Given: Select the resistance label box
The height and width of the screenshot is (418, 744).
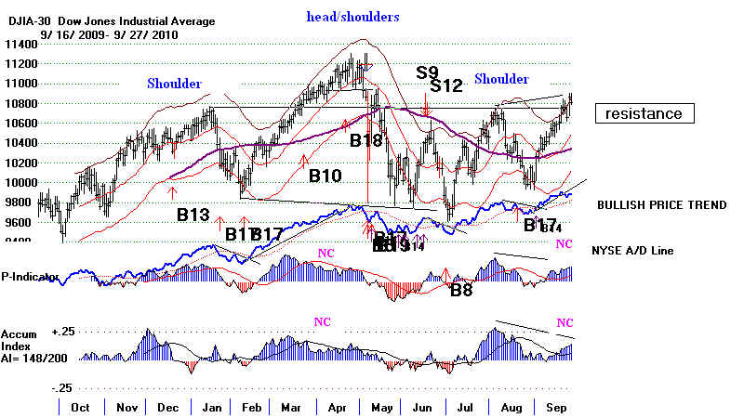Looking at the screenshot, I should tap(644, 114).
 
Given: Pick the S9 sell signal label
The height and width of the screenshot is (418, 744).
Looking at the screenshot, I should tap(427, 72).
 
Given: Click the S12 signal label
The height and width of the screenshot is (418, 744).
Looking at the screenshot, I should tap(446, 86).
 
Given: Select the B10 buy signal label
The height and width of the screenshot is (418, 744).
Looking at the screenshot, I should tap(326, 174).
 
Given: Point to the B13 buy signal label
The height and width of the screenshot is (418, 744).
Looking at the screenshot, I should tap(194, 215).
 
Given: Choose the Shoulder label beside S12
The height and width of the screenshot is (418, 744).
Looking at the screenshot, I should tap(501, 80).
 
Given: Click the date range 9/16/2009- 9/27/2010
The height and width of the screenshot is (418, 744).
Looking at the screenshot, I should tap(94, 34).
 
